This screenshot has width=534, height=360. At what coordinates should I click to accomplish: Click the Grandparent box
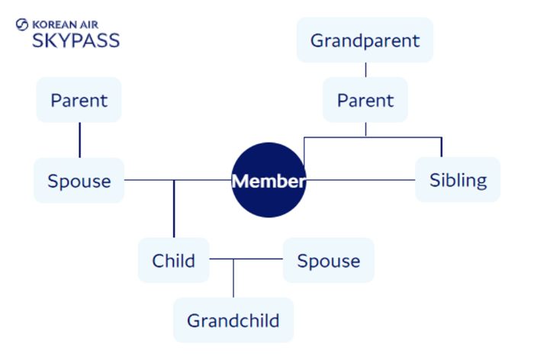coord(365,40)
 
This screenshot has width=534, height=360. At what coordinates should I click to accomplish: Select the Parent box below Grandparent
coord(365,100)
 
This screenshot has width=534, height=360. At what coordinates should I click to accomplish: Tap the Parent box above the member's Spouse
coord(79,100)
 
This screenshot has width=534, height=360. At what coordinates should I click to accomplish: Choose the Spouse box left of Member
coord(79,181)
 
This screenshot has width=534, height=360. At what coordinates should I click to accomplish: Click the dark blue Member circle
coord(269,181)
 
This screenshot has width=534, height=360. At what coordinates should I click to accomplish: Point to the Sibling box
coord(458,180)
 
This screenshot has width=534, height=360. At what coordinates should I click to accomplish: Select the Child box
coord(173,260)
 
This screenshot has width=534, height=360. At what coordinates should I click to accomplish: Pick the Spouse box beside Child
coord(328,260)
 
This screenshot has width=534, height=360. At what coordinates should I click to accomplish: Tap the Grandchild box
coord(233,320)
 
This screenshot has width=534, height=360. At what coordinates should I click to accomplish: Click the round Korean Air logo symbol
coord(21,24)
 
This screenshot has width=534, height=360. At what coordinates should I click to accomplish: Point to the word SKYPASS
coord(76,40)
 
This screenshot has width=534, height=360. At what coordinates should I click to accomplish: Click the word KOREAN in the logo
coord(55,24)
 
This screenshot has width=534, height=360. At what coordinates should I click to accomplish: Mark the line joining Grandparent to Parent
coord(365,70)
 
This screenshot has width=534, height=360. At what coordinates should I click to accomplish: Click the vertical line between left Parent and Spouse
coord(79,140)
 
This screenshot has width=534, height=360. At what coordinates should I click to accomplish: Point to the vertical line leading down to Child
coord(174,210)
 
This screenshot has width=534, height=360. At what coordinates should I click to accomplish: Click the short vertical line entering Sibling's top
coord(442,147)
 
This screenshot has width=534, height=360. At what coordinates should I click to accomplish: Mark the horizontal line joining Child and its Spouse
coord(246,259)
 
